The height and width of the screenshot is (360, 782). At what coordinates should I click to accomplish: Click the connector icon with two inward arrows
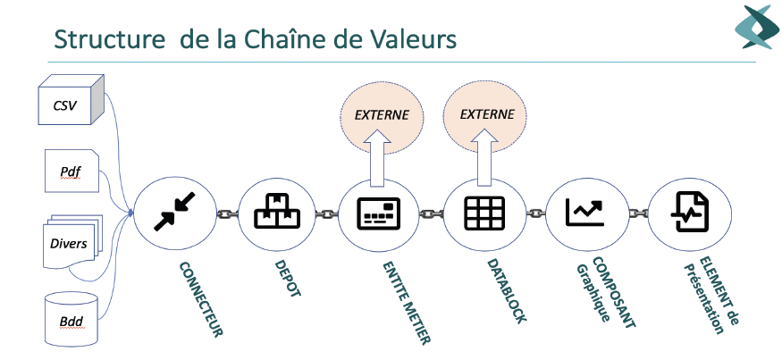click(x=174, y=213)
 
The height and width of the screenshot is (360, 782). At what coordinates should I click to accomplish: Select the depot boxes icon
click(x=276, y=212)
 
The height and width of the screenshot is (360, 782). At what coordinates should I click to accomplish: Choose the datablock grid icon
click(x=484, y=213)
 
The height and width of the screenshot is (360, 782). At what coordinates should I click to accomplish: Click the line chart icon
click(x=586, y=212)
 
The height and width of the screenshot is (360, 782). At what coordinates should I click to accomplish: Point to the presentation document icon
click(x=688, y=212)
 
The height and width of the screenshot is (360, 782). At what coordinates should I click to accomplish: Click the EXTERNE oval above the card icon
click(x=382, y=114)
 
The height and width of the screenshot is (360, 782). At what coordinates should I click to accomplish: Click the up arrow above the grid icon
click(x=483, y=161)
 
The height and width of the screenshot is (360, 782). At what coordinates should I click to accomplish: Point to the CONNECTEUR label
click(x=200, y=298)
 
